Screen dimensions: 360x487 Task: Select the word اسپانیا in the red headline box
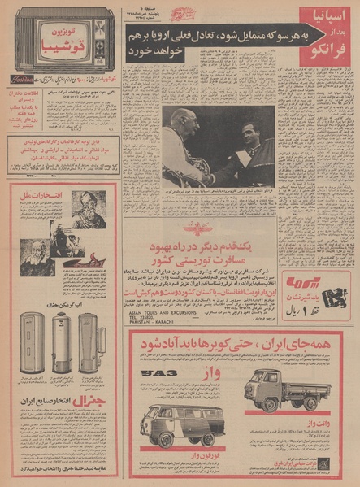pyautogui.click(x=319, y=17)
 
